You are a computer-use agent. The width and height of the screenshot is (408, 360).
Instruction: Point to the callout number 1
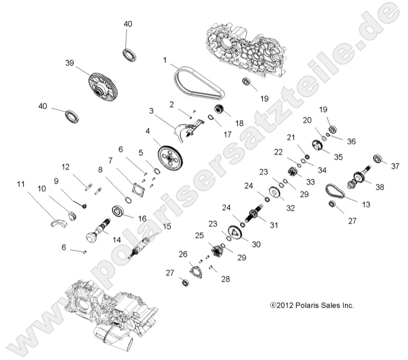click(165, 60)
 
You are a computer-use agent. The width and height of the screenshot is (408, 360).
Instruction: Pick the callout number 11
click(21, 183)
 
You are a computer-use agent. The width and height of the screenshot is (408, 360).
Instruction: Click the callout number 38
click(379, 187)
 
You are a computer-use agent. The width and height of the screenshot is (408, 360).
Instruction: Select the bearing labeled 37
click(379, 159)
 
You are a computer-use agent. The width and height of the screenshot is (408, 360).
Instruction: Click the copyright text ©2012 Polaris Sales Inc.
click(312, 305)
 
